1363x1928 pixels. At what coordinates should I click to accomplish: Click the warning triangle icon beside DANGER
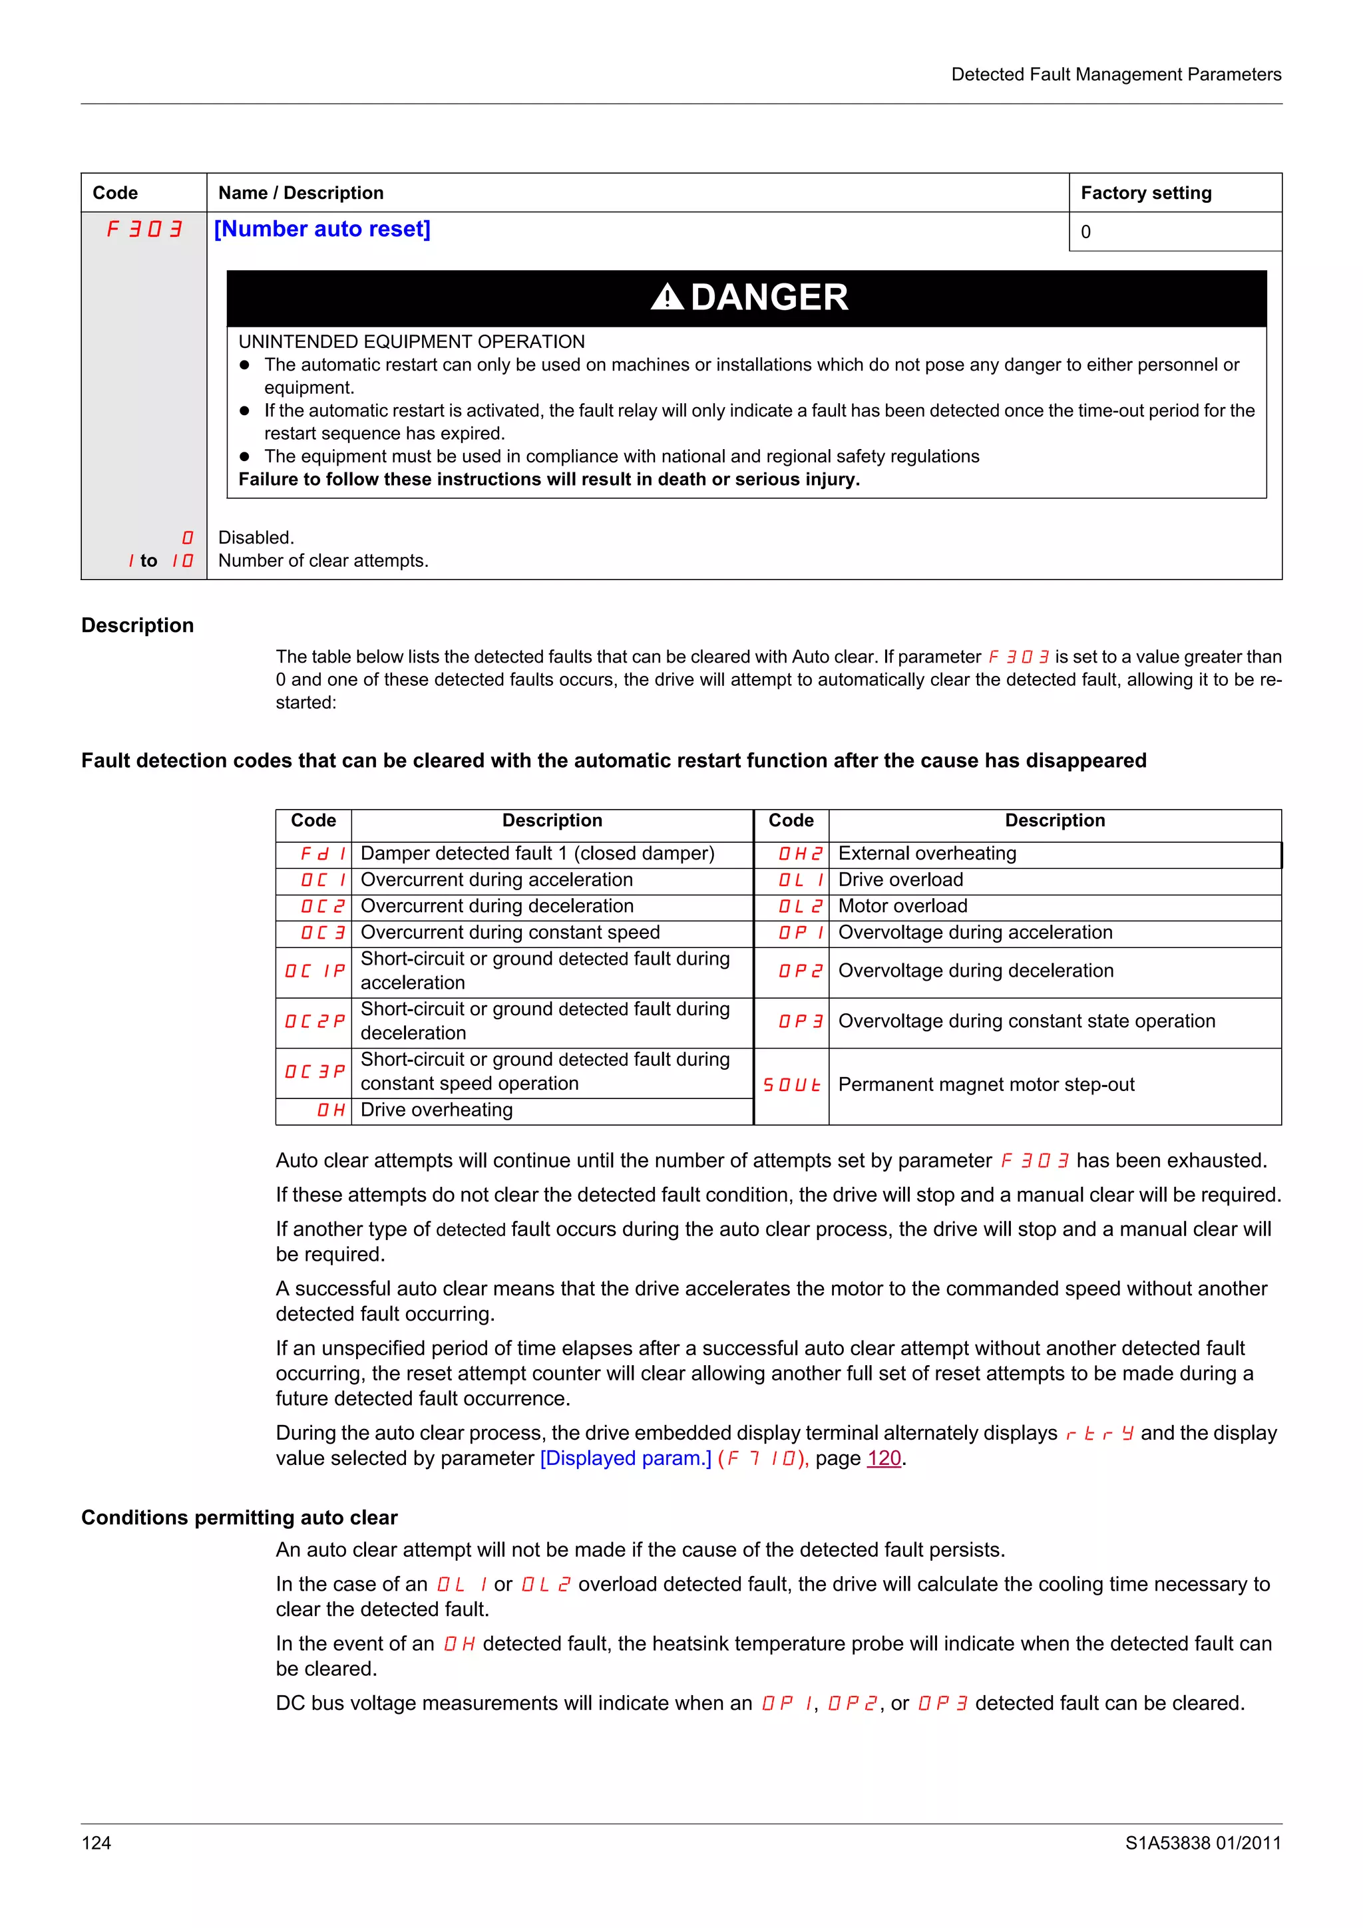667,297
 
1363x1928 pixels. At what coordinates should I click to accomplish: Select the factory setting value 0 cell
1174,232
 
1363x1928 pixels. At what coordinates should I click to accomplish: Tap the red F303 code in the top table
144,230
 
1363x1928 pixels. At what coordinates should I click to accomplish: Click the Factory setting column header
1145,193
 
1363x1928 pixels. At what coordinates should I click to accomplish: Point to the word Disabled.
256,538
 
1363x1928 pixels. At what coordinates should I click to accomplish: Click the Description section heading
137,625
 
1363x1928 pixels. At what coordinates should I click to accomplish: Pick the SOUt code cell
791,1085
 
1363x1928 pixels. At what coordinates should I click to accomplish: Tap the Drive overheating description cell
436,1110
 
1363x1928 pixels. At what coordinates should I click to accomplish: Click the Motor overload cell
903,906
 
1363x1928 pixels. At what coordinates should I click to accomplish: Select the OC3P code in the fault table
315,1072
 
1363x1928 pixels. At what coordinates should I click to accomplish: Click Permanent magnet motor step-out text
986,1085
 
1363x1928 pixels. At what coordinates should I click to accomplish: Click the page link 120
883,1458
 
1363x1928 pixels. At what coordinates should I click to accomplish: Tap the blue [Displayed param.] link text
625,1458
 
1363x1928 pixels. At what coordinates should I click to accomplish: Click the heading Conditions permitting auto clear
240,1518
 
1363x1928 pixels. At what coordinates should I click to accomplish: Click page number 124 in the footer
96,1844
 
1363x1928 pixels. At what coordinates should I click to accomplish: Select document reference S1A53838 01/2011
1203,1844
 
